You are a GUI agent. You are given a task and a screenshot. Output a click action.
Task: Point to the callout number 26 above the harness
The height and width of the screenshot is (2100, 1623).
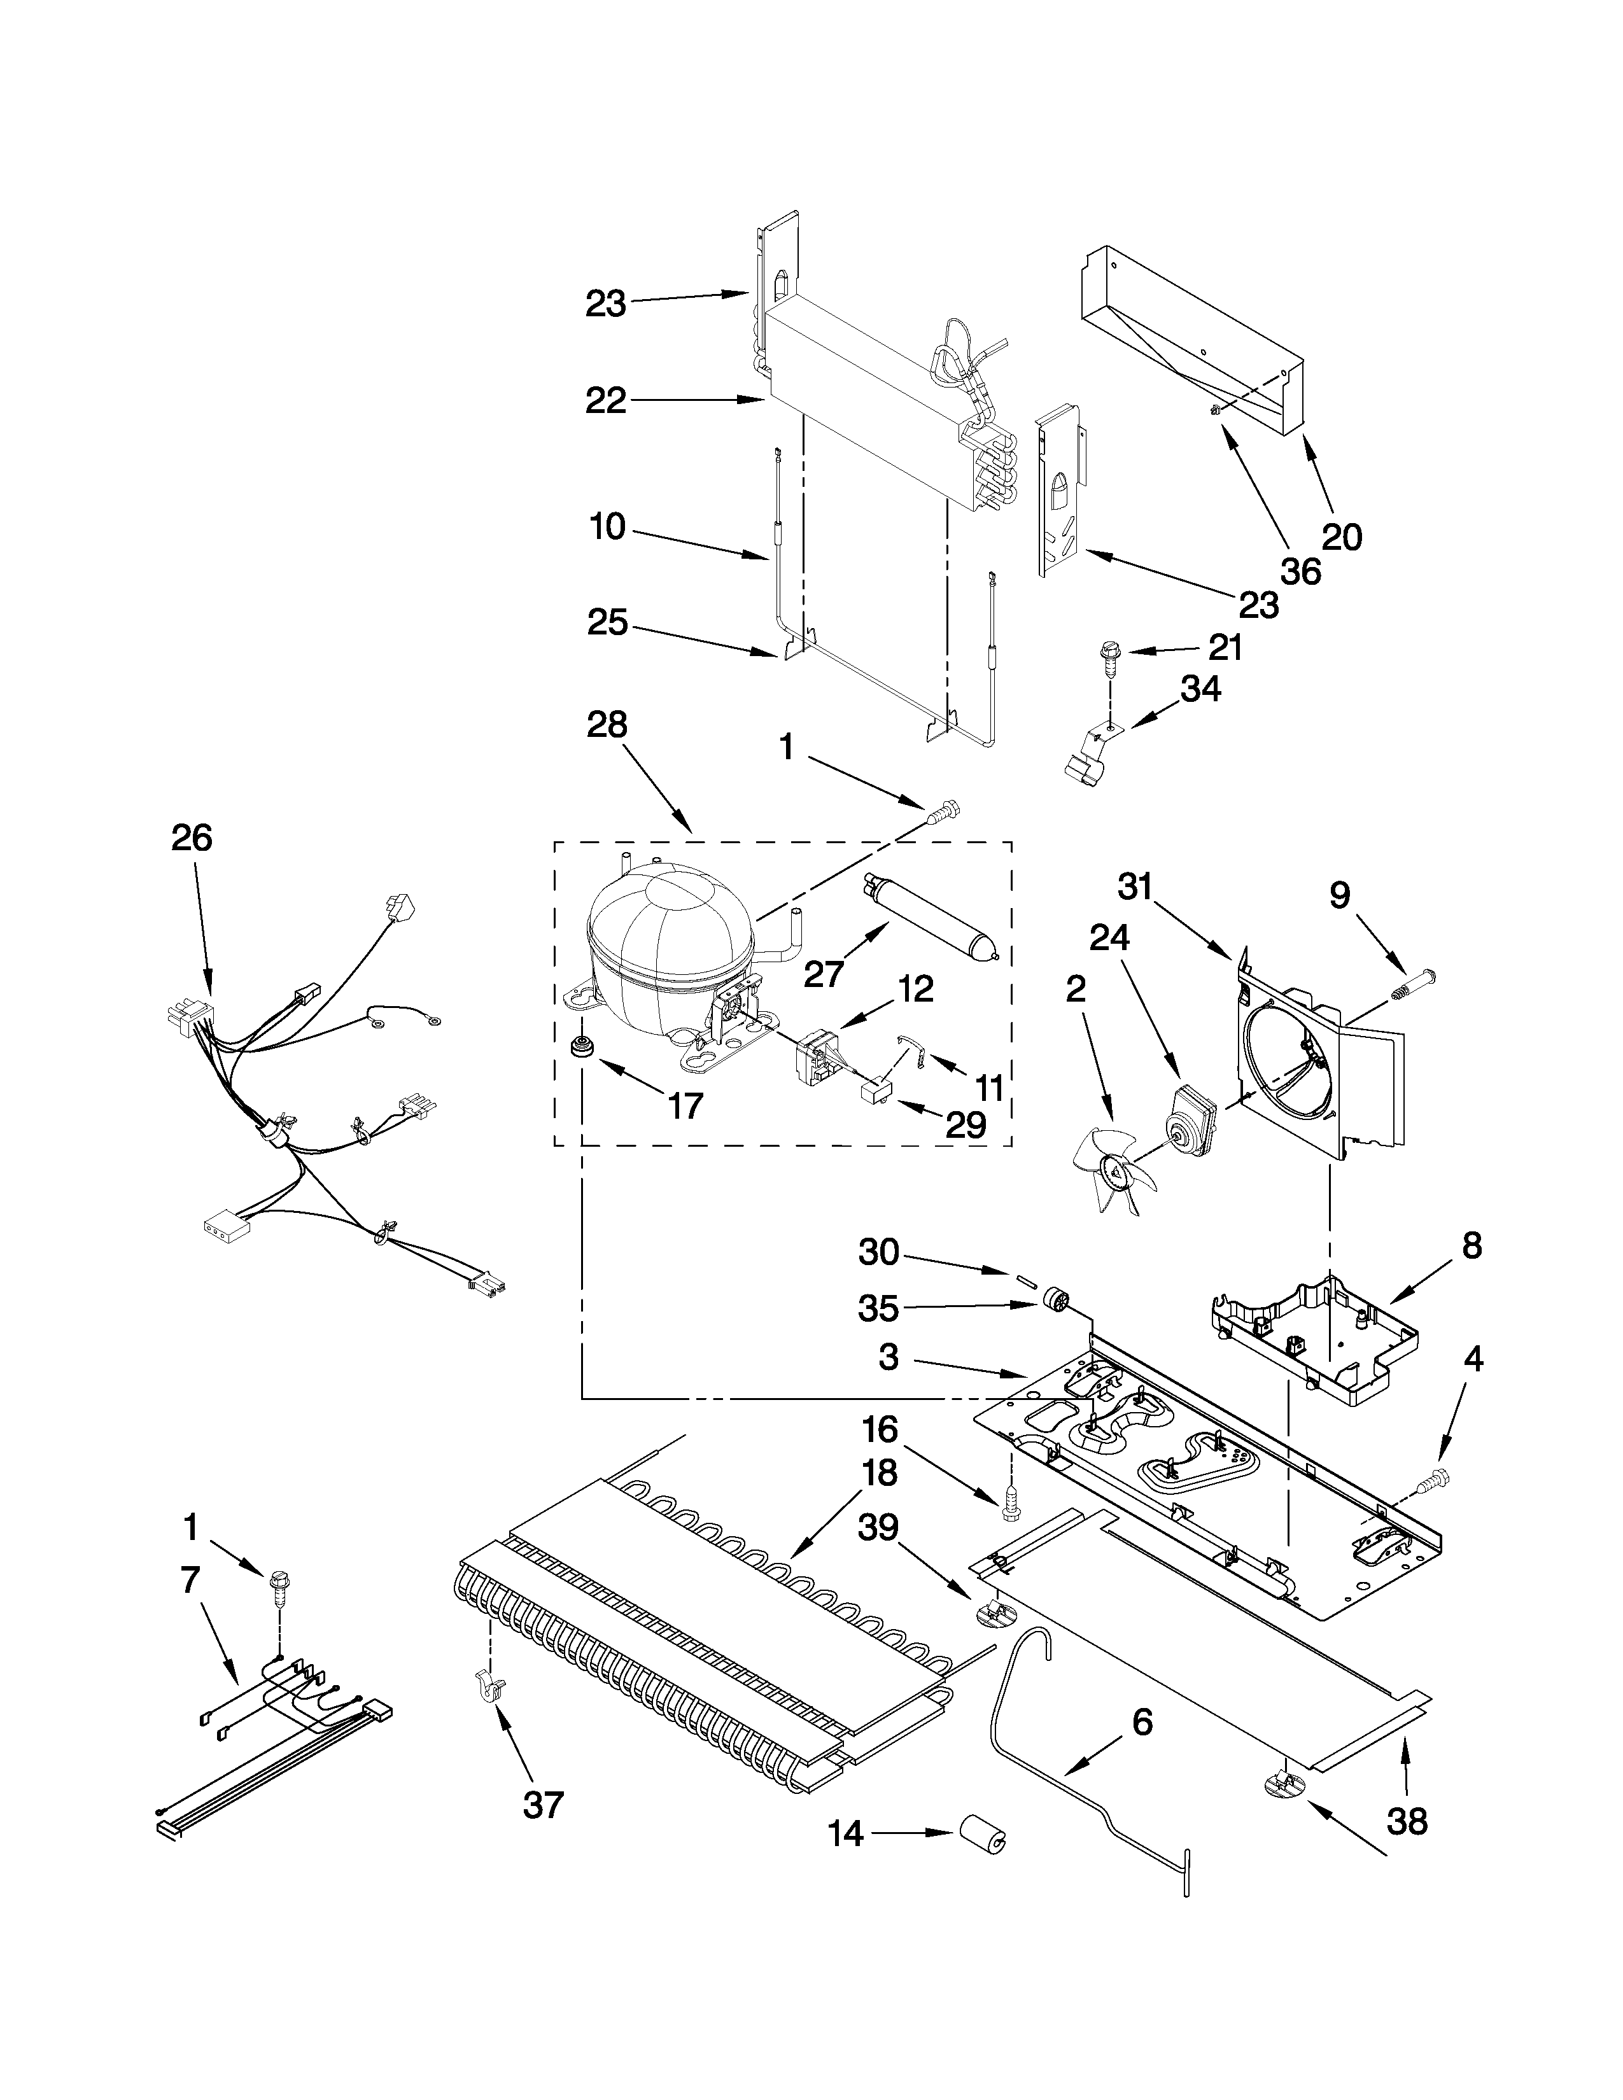tap(192, 839)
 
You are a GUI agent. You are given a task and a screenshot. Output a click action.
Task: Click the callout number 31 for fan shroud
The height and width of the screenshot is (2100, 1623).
tap(1135, 886)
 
